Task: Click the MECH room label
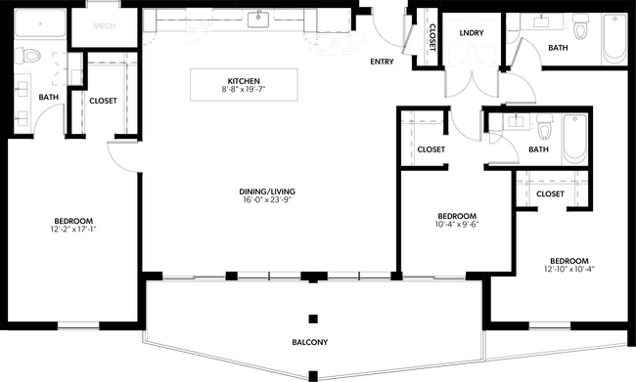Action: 107,26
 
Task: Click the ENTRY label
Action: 382,63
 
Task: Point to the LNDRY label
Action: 472,33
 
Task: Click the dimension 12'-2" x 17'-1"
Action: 73,231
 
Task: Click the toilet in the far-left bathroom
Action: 27,56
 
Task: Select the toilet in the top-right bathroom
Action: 581,29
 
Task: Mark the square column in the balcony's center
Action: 312,319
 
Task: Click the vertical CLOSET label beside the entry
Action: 432,39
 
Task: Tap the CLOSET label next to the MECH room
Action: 104,101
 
